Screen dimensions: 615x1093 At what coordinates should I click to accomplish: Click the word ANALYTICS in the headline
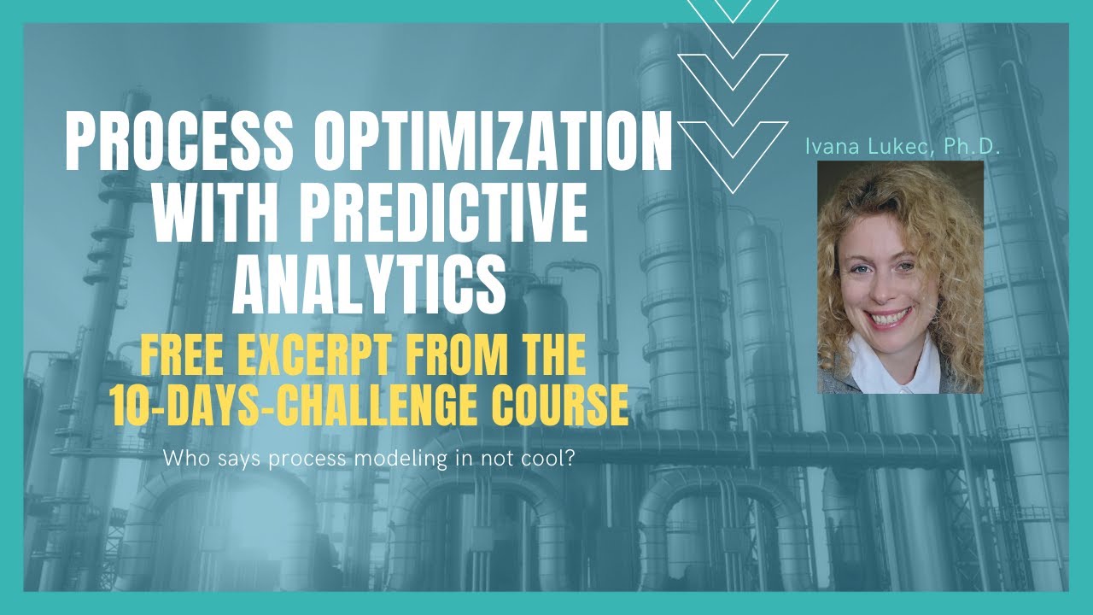[x=370, y=283]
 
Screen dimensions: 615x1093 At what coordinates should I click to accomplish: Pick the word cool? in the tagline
[x=550, y=459]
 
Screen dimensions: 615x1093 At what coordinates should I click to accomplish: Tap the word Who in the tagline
[x=180, y=459]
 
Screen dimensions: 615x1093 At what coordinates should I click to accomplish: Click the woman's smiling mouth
[x=890, y=318]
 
